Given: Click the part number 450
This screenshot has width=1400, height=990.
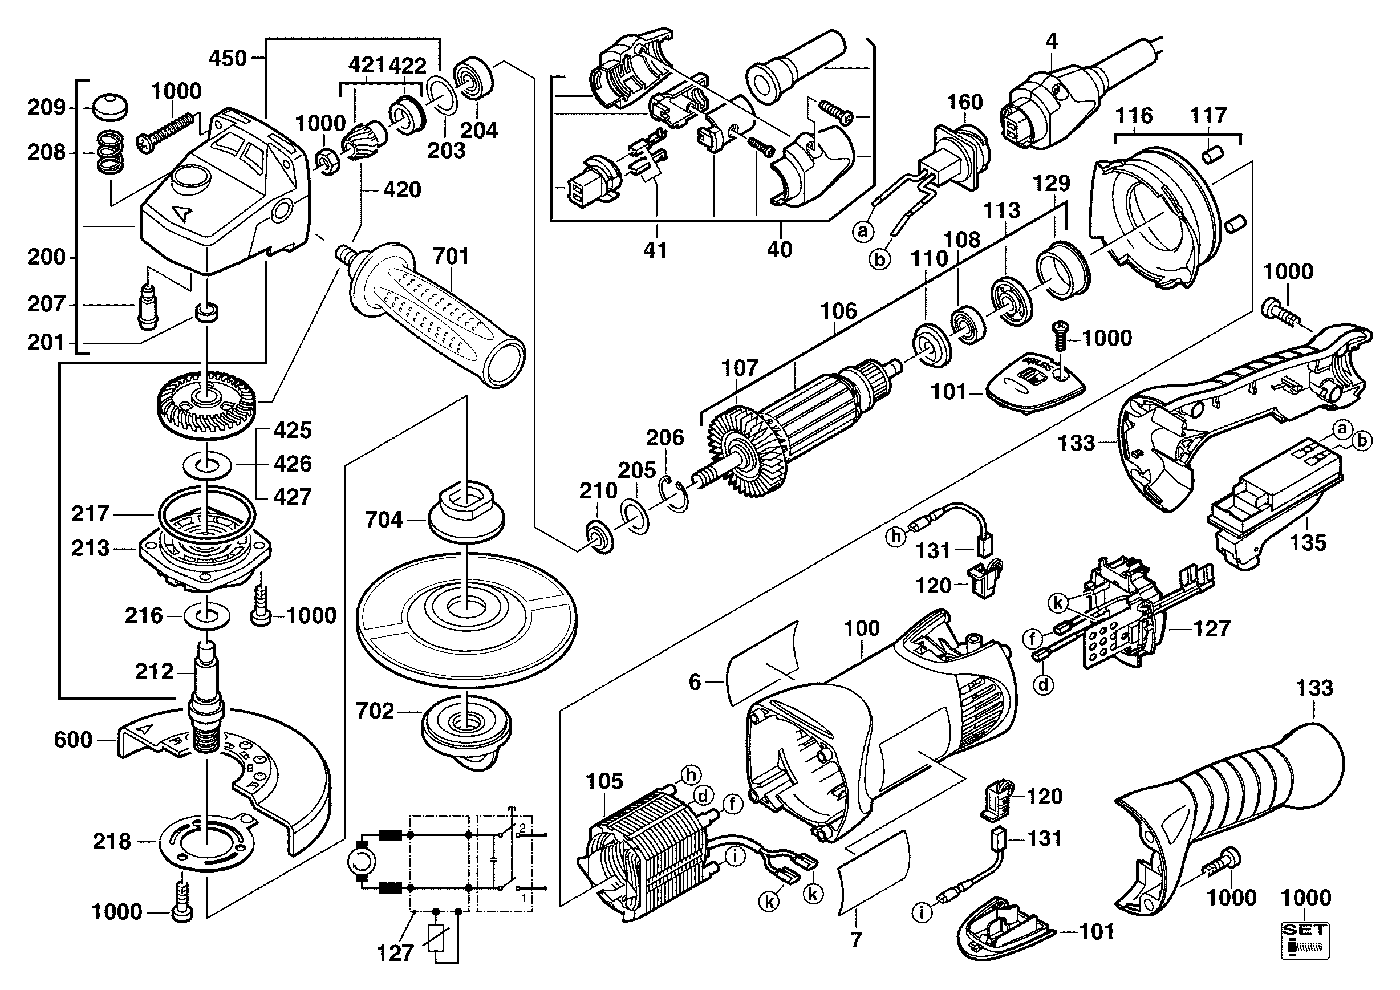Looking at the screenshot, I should coord(228,59).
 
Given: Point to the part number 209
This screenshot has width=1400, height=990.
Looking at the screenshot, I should coord(46,108).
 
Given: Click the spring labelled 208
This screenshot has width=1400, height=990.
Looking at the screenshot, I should coord(111,153).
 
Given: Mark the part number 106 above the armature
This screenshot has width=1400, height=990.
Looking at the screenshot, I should coord(838,311).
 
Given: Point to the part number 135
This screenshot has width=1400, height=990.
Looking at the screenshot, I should coord(1308,543).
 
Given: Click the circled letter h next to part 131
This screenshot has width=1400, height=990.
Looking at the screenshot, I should coord(896,537).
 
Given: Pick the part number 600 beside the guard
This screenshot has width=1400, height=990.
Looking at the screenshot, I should coord(73,740).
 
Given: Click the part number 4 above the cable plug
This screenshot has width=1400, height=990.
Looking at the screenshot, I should coord(1051,42).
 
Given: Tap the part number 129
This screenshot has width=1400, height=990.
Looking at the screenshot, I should coord(1052,184).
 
